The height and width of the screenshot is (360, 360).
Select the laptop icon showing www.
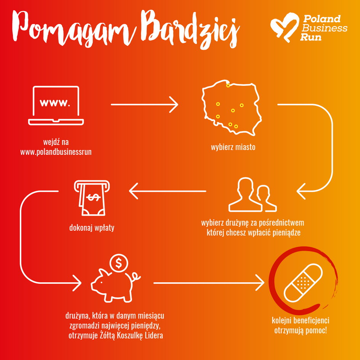point(56,105)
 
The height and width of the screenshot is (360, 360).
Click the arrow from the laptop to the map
point(145,104)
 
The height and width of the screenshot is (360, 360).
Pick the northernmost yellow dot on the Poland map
point(228,86)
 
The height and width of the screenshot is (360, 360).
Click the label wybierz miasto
point(233,147)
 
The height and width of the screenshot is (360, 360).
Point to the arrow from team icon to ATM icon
point(167,191)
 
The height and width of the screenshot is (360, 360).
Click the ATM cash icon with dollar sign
point(92,198)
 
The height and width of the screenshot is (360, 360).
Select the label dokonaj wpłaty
point(92,228)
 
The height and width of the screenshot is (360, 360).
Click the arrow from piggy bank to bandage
point(209,283)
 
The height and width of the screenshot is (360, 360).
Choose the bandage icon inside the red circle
point(303,283)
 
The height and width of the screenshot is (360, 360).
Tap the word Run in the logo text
point(311,37)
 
